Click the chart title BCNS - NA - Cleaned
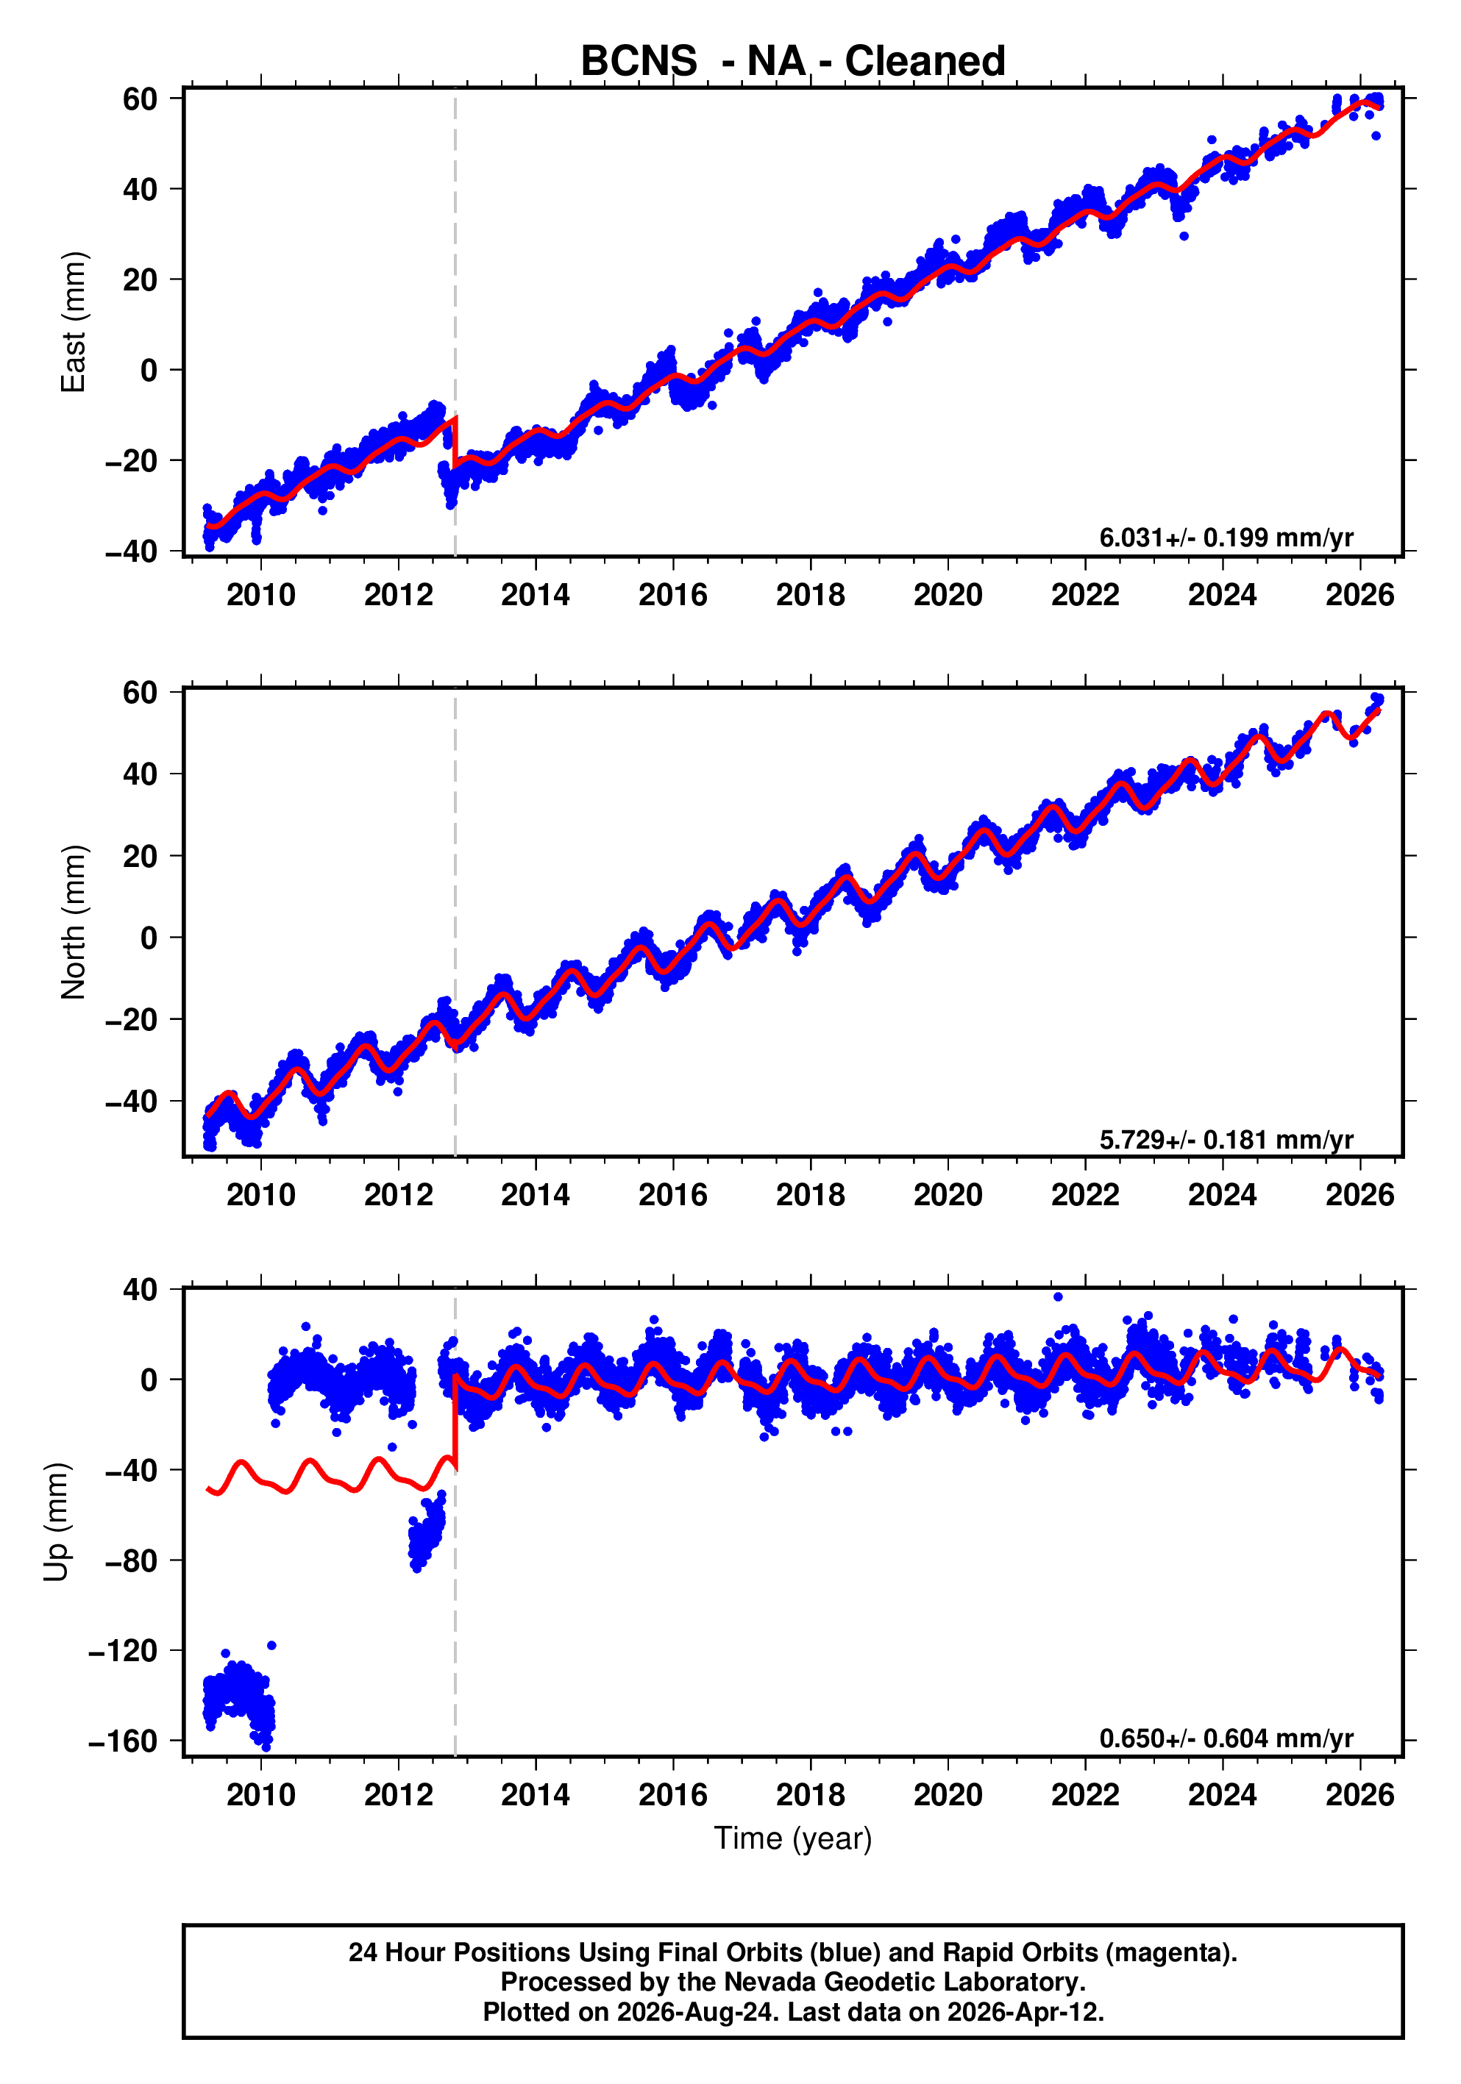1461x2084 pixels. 793,61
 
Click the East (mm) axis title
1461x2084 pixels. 73,322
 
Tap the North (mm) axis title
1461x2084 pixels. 73,922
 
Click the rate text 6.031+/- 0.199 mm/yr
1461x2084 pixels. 1226,538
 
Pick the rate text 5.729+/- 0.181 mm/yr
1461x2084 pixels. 1226,1139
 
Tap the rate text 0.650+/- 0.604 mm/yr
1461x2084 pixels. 1226,1738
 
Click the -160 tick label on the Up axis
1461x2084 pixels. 124,1741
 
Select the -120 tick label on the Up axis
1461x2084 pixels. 124,1650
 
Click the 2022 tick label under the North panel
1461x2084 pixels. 1085,1194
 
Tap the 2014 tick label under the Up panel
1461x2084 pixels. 536,1794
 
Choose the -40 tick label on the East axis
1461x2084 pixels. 132,551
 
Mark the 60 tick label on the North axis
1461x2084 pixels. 140,692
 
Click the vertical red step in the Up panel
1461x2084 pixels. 455,1422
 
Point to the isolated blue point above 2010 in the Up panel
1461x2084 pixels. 271,1646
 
